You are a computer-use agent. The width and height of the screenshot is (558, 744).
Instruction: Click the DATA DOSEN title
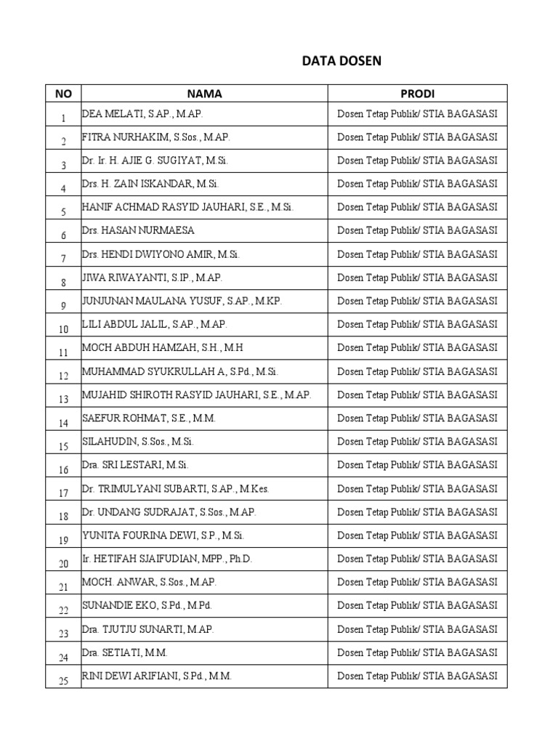click(x=341, y=62)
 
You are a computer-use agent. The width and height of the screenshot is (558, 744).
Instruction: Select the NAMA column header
click(x=204, y=94)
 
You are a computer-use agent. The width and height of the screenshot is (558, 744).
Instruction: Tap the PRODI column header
click(x=417, y=94)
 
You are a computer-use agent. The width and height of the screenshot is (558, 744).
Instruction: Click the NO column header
click(x=63, y=94)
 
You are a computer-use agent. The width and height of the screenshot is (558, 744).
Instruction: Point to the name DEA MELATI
click(x=142, y=114)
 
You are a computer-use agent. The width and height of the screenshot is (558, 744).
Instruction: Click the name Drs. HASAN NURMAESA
click(x=138, y=230)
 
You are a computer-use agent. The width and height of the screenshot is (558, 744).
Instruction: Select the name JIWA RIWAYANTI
click(x=152, y=278)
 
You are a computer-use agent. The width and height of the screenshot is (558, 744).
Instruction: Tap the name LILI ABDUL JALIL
click(x=149, y=324)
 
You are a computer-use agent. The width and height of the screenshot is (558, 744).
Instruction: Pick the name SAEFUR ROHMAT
click(x=148, y=418)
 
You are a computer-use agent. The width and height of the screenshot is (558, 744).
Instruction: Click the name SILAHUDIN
click(x=137, y=442)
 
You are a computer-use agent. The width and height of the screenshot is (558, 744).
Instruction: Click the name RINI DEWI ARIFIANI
click(x=156, y=676)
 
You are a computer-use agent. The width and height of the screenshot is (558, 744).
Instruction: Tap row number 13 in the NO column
click(x=63, y=399)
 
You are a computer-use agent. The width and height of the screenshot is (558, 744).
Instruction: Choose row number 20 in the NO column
click(x=63, y=563)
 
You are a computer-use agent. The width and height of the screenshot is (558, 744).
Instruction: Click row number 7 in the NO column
click(x=63, y=258)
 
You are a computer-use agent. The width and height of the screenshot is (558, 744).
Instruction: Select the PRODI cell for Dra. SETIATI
click(x=417, y=652)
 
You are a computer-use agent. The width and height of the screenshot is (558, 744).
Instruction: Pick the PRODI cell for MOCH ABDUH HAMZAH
click(x=417, y=348)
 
